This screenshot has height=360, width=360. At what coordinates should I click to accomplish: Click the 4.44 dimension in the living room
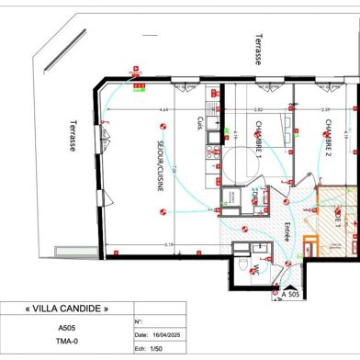[163, 109]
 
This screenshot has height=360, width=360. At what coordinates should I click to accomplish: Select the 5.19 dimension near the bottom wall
[169, 244]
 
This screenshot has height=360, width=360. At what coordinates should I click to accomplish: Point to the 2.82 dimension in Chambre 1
[258, 109]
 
